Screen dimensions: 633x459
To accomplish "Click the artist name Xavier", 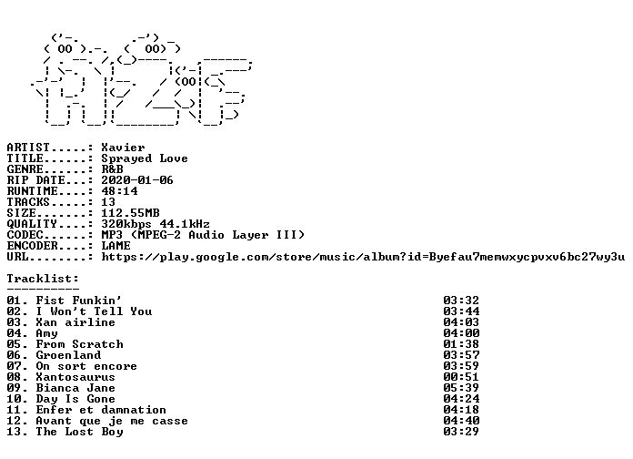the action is coord(123,148).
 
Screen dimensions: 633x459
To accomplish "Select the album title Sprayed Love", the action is coord(144,158).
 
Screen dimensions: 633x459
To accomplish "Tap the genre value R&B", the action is coord(112,169).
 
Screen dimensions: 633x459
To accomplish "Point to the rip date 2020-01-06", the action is coord(136,180).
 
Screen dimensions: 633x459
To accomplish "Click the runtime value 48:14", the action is coord(119,191).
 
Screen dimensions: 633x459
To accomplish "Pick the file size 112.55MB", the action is coord(130,213).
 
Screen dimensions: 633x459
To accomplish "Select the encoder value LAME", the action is coord(116,246).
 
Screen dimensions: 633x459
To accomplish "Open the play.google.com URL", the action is coord(363,257).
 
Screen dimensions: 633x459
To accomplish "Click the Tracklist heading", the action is coord(43,279).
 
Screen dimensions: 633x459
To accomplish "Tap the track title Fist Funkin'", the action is coord(78,300).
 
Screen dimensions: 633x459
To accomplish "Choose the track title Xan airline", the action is coord(75,321).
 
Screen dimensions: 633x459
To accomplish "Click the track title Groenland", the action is coord(68,354).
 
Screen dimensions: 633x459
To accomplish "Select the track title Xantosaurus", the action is coord(75,376).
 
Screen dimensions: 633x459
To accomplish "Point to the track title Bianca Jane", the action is coord(75,387).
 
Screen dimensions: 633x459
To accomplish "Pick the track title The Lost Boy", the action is coord(79,432).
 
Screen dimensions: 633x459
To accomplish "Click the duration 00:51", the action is coord(460,376).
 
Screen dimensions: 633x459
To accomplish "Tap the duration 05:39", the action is coord(460,387).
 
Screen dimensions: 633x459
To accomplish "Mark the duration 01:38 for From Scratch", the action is coord(460,343).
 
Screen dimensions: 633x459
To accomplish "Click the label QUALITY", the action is coord(32,224).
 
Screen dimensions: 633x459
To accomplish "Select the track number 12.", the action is coord(15,421).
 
